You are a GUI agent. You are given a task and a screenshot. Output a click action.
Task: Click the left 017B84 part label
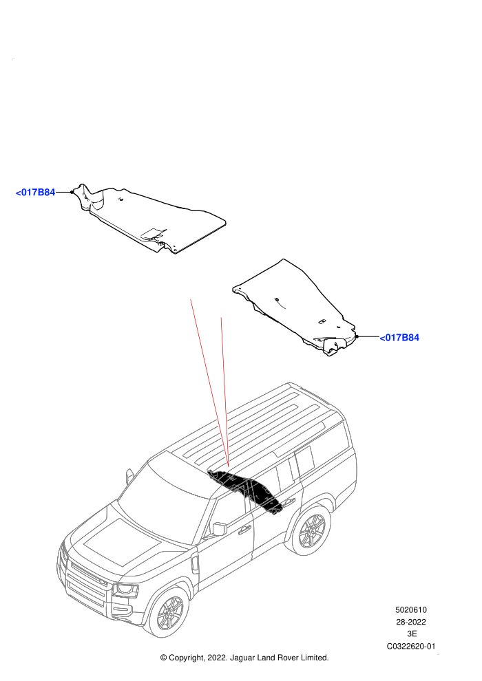click(35, 193)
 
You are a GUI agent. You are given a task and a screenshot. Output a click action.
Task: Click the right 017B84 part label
click(399, 338)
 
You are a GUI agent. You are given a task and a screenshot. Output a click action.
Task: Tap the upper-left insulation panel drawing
click(150, 219)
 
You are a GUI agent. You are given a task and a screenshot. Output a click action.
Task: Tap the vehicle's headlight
click(125, 590)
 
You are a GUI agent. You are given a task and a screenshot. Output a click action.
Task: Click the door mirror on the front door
click(220, 529)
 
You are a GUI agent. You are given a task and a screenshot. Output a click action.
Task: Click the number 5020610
click(410, 609)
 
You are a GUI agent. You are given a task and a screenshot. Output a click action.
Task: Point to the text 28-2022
click(410, 622)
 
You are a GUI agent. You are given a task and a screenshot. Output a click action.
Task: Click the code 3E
click(412, 634)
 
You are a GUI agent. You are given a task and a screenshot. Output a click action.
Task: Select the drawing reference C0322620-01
click(410, 646)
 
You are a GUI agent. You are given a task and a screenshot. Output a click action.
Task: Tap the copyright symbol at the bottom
click(163, 658)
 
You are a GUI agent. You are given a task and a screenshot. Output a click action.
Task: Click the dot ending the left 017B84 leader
click(72, 192)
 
